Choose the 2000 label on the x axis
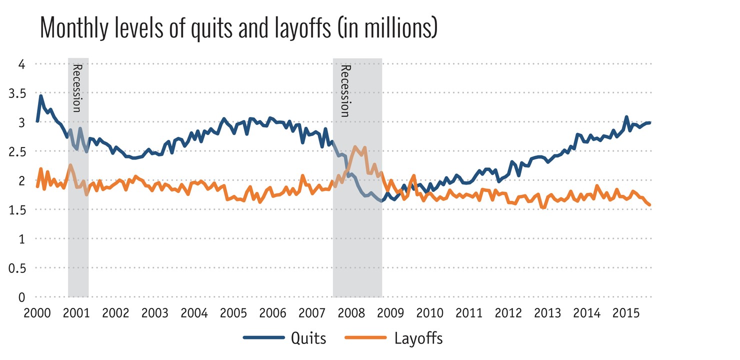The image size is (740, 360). click(37, 313)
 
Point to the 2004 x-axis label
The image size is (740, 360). click(194, 313)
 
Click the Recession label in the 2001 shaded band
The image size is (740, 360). click(77, 88)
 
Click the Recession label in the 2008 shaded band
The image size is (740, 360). click(344, 90)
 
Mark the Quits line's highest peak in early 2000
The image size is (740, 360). click(41, 95)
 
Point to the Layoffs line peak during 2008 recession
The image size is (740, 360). click(355, 147)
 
